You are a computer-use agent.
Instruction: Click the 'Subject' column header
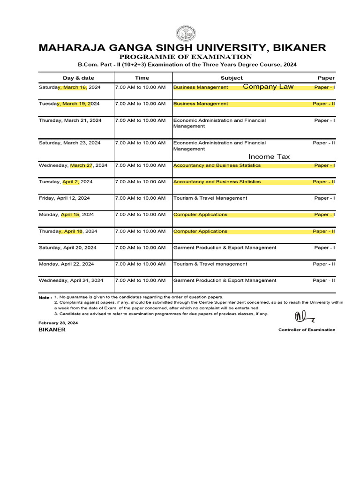pyautogui.click(x=232, y=78)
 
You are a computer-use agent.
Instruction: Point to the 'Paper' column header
pyautogui.click(x=326, y=78)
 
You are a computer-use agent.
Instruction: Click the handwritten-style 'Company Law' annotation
pyautogui.click(x=268, y=87)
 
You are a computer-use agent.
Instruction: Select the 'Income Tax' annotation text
pyautogui.click(x=269, y=157)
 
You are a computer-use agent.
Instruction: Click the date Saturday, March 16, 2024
pyautogui.click(x=69, y=87)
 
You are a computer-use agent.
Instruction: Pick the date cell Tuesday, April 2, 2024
pyautogui.click(x=66, y=182)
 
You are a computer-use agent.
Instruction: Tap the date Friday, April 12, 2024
pyautogui.click(x=64, y=198)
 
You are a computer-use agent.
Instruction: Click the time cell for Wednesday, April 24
pyautogui.click(x=140, y=280)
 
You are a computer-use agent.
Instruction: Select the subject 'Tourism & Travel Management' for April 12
pyautogui.click(x=210, y=198)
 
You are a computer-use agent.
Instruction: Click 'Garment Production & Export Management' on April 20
pyautogui.click(x=225, y=247)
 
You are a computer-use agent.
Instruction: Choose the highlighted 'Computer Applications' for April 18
pyautogui.click(x=200, y=231)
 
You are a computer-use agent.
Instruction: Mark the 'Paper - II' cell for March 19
pyautogui.click(x=323, y=104)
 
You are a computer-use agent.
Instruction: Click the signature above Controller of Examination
pyautogui.click(x=304, y=317)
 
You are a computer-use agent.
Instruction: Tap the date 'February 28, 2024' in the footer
pyautogui.click(x=58, y=323)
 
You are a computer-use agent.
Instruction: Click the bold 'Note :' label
pyautogui.click(x=45, y=298)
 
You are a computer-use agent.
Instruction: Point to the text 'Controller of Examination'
pyautogui.click(x=307, y=330)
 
